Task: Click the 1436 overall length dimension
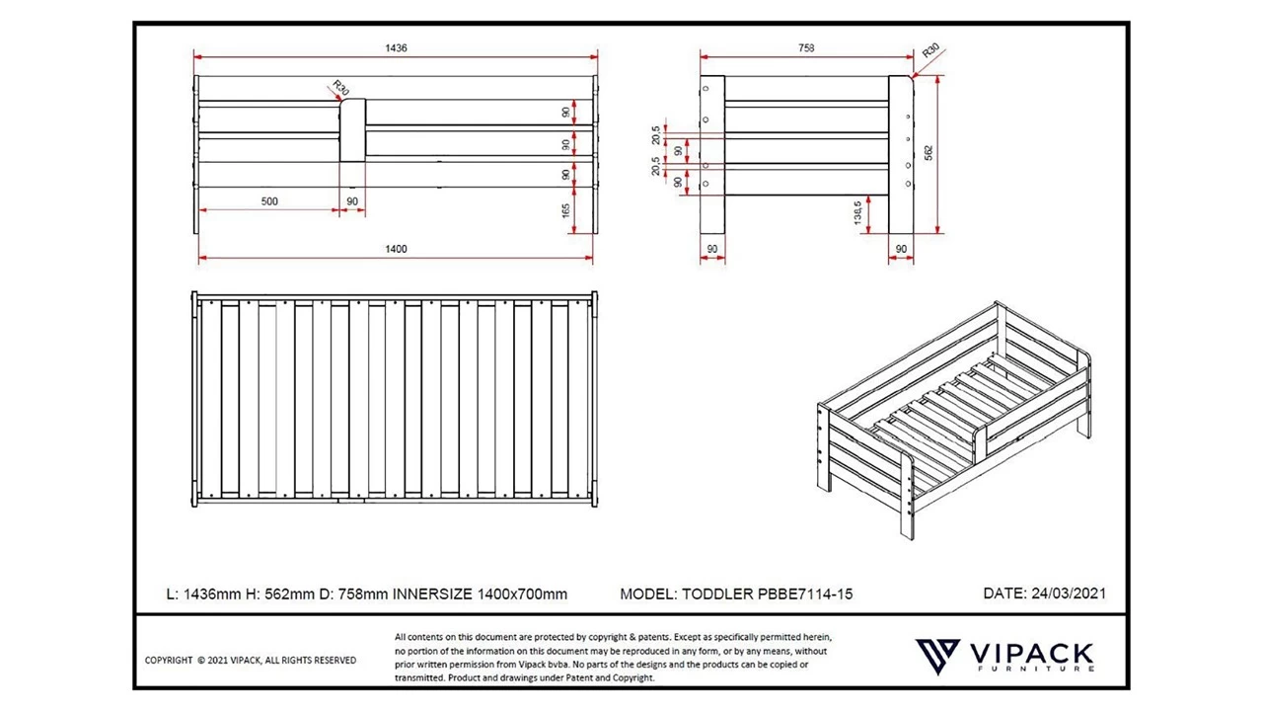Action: coord(396,47)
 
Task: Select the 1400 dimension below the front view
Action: coord(395,249)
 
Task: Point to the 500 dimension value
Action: coord(268,201)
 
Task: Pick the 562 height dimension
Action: coord(929,153)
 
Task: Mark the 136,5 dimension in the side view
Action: coord(857,212)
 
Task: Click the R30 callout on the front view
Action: coord(339,89)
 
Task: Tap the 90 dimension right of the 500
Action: coord(352,201)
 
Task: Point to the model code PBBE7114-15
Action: coord(804,593)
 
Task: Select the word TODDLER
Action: coord(716,593)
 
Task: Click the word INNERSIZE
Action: coord(433,593)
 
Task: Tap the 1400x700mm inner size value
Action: coord(523,593)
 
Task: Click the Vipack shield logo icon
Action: coord(937,656)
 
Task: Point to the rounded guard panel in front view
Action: coord(353,128)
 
